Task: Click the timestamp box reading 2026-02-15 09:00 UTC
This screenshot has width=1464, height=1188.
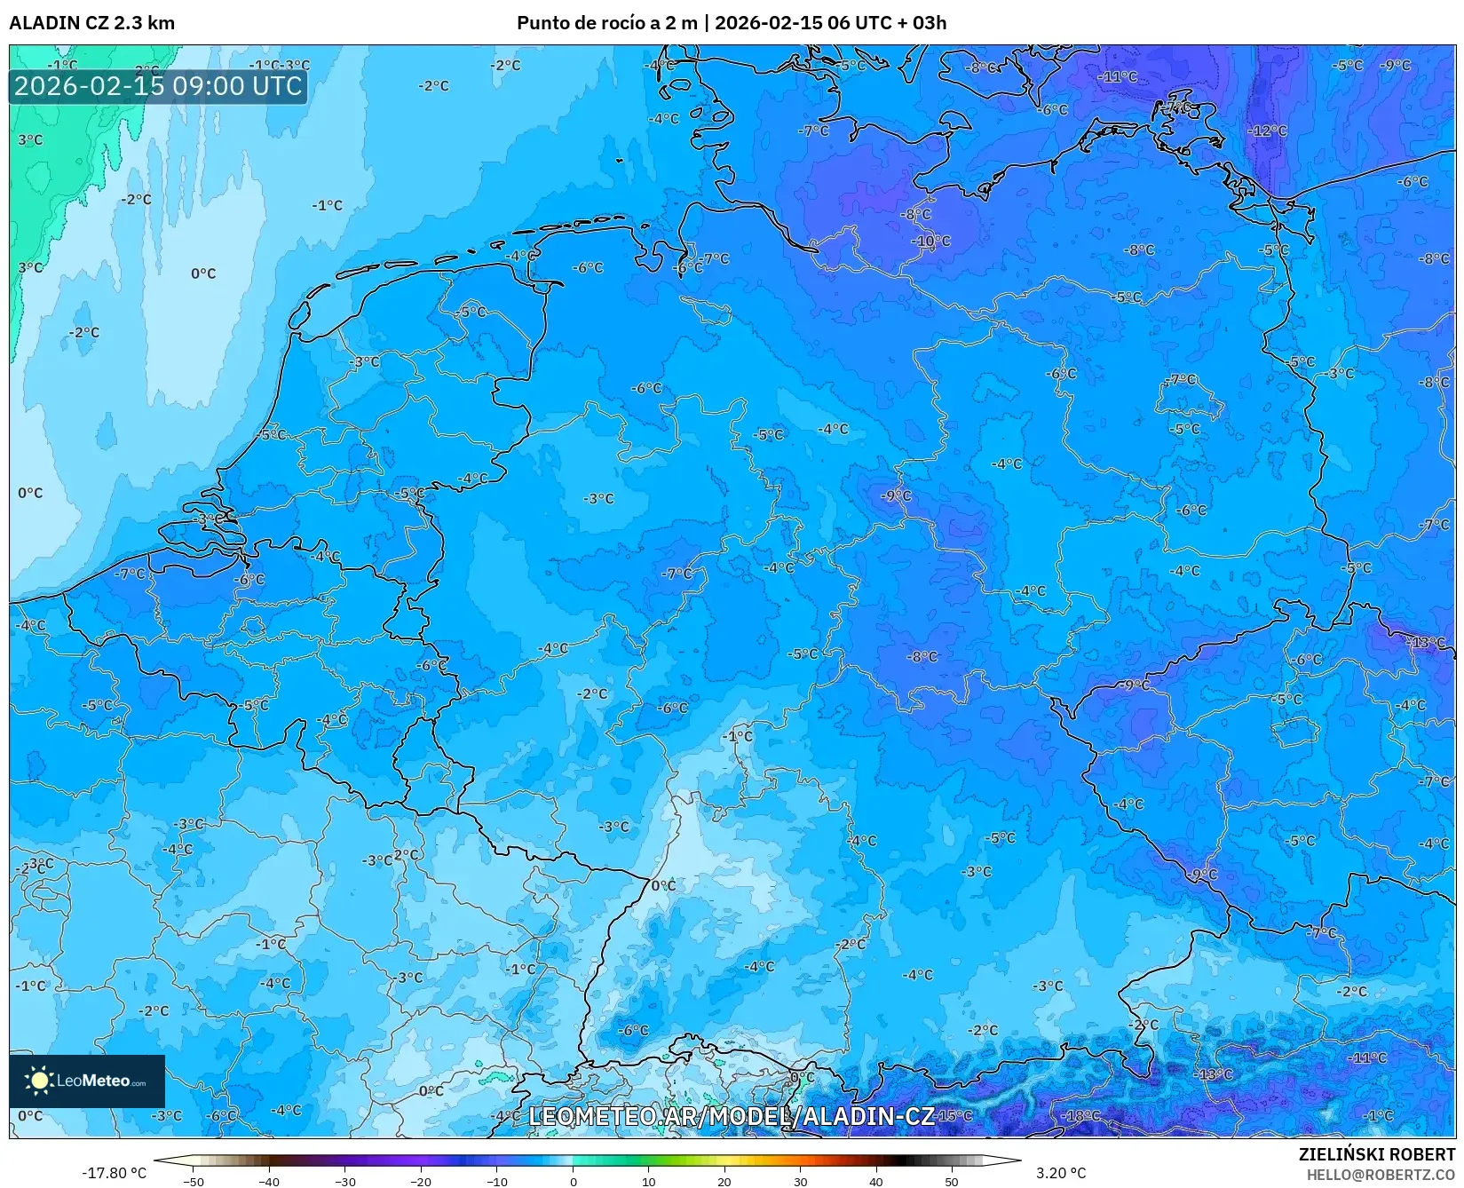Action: point(158,86)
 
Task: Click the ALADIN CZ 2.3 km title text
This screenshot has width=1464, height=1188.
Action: point(91,22)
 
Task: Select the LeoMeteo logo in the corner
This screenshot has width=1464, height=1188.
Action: point(87,1081)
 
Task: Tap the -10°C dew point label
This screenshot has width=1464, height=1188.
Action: point(931,241)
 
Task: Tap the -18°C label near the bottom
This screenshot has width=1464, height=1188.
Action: point(1081,1115)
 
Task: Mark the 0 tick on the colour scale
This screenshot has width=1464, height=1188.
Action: point(574,1181)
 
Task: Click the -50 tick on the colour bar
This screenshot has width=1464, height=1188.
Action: point(194,1181)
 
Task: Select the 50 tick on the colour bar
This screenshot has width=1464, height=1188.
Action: point(952,1181)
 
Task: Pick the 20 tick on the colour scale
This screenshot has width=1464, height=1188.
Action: point(724,1181)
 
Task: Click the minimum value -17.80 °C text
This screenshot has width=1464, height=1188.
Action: point(115,1173)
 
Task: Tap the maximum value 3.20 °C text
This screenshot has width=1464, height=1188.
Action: point(1060,1173)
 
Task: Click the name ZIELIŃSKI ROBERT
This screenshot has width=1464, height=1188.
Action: point(1377,1154)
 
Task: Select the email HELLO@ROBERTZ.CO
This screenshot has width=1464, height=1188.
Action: point(1381,1174)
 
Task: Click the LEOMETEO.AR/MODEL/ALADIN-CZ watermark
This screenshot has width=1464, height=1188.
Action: point(732,1116)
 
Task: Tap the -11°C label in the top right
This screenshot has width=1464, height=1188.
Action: point(1117,76)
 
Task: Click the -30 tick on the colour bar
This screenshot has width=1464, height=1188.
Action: point(345,1181)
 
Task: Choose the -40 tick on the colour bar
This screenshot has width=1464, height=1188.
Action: point(270,1181)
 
